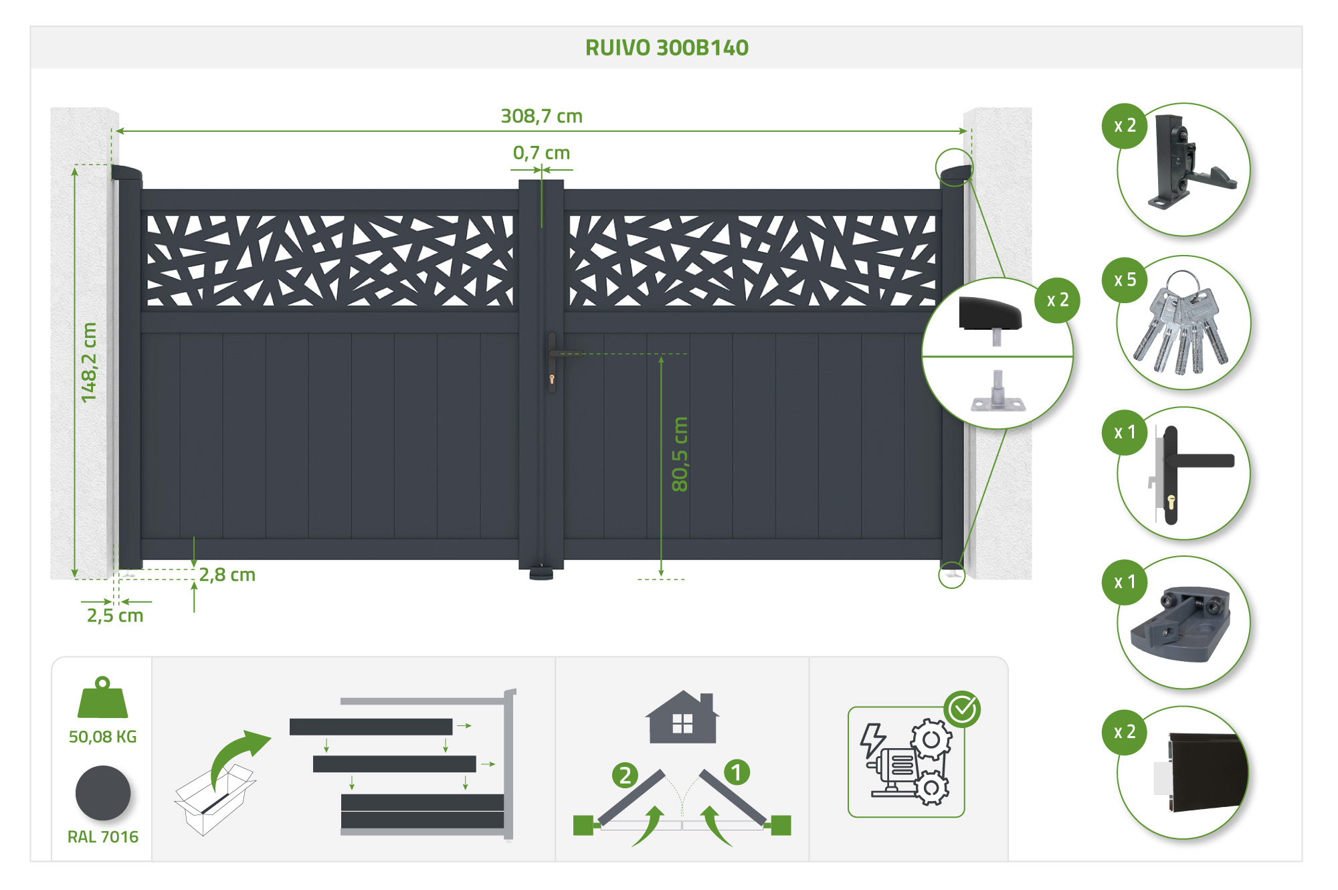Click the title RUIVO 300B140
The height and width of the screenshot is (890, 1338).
coord(666,48)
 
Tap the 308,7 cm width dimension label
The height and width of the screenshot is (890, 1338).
coord(541,116)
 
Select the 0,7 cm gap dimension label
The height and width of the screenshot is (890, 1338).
coord(541,153)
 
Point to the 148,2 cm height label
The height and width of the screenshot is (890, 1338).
coord(88,363)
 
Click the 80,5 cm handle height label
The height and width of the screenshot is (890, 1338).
coord(679,454)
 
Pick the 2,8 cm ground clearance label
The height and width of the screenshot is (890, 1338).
coord(227,575)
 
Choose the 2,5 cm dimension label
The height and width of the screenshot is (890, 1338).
coord(115,616)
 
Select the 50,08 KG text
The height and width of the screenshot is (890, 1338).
coord(102,737)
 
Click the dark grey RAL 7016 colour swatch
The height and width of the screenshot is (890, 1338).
coord(102,793)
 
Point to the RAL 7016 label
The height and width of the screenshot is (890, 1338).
coord(102,837)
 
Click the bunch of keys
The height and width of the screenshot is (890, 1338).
coord(1182,325)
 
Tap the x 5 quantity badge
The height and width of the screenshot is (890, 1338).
coord(1125,280)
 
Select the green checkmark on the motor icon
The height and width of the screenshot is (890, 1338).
coord(962,709)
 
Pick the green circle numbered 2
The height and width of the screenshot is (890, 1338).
coord(625,775)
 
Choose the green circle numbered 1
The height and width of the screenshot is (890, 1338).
coord(737,772)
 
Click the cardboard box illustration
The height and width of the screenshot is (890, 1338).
coord(214,800)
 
